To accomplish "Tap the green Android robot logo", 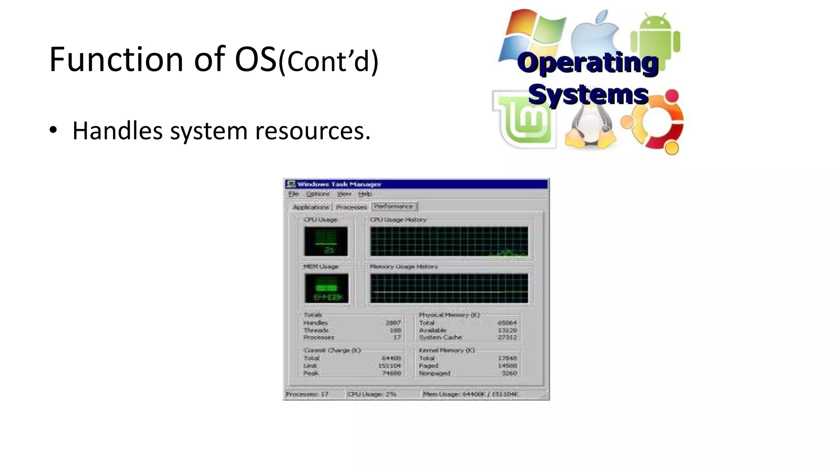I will pyautogui.click(x=656, y=37).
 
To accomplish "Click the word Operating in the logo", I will pyautogui.click(x=588, y=63).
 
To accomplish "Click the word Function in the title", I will pyautogui.click(x=116, y=60).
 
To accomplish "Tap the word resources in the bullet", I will pyautogui.click(x=312, y=131).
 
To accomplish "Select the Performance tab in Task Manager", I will pyautogui.click(x=394, y=206).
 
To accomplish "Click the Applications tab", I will pyautogui.click(x=311, y=207).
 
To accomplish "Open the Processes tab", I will pyautogui.click(x=351, y=207).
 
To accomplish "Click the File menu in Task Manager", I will pyautogui.click(x=294, y=194).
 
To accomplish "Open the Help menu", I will pyautogui.click(x=365, y=194).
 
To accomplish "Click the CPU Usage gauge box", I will pyautogui.click(x=326, y=241).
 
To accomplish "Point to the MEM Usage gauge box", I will pyautogui.click(x=326, y=288).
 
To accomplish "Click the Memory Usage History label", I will pyautogui.click(x=403, y=267).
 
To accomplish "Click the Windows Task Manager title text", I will pyautogui.click(x=339, y=184).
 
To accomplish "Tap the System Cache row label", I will pyautogui.click(x=440, y=337).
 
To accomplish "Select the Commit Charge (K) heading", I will pyautogui.click(x=332, y=350).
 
